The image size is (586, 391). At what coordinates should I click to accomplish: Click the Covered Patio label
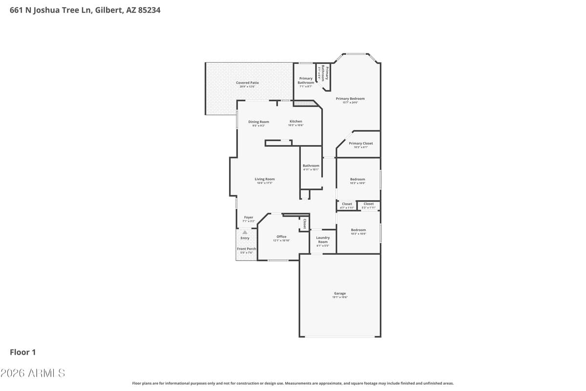click(247, 83)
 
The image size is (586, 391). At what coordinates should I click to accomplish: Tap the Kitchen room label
click(296, 121)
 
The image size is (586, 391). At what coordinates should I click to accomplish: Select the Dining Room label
click(258, 122)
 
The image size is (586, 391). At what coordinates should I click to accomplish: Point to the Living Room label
click(265, 179)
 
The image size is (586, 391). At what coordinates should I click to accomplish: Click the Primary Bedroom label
click(350, 99)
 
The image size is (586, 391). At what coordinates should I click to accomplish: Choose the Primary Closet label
click(360, 143)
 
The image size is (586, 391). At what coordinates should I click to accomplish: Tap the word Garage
click(340, 293)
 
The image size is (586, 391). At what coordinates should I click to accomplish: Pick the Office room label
click(281, 237)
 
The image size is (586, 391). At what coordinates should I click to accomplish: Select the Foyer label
click(249, 217)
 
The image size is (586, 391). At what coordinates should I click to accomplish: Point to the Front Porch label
click(247, 249)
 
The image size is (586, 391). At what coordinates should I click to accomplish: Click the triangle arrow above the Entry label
click(245, 233)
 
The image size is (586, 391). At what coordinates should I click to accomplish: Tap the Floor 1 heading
click(23, 352)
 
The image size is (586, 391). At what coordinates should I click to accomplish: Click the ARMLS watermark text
click(33, 373)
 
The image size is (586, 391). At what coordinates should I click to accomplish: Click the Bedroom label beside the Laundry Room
click(358, 230)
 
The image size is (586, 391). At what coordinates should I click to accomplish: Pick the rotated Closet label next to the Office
click(305, 223)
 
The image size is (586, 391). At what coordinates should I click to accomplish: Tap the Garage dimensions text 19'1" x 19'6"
click(340, 297)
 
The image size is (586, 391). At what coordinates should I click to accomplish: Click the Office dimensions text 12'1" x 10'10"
click(281, 240)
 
